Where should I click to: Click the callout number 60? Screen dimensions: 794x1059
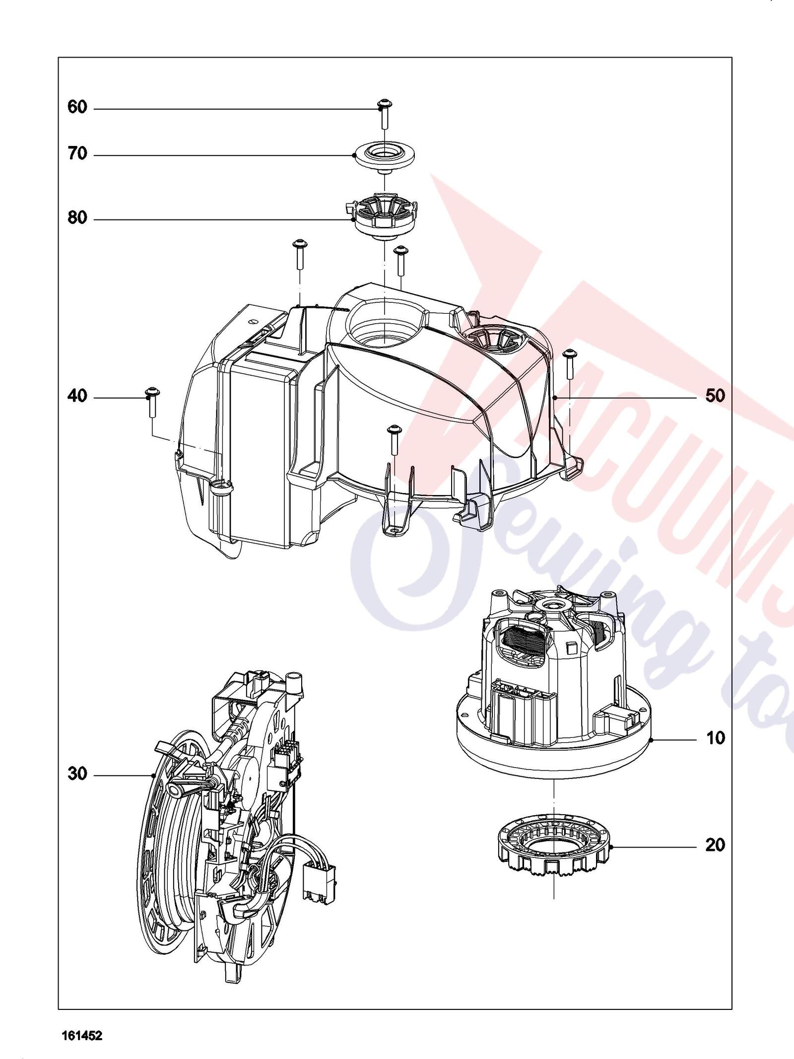click(x=77, y=107)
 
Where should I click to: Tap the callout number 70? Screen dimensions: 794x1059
click(x=77, y=154)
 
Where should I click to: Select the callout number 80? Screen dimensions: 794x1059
click(x=77, y=218)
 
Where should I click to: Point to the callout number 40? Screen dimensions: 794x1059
click(x=77, y=396)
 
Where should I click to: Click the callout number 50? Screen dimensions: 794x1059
click(x=715, y=396)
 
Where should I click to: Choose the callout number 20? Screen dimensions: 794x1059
click(x=715, y=845)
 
